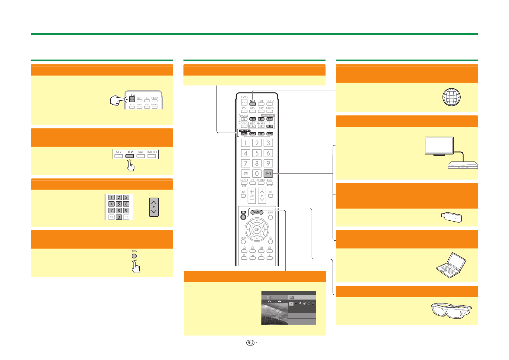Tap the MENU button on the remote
coord(257,212)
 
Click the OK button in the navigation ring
coord(257,230)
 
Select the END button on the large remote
coord(243,242)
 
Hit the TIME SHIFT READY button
coord(244,134)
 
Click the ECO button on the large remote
coord(270,183)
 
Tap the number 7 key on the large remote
coord(245,164)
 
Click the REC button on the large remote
coord(253,126)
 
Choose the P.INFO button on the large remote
coord(270,104)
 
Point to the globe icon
coord(451,97)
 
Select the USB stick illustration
coord(451,217)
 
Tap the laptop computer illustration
coord(451,265)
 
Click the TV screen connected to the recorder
coord(439,145)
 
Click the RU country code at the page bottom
coord(250,343)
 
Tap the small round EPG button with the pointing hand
coord(134,256)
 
